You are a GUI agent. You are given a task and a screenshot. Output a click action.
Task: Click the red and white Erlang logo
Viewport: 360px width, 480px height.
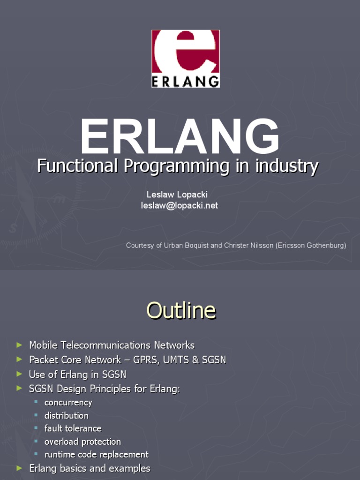pyautogui.click(x=186, y=59)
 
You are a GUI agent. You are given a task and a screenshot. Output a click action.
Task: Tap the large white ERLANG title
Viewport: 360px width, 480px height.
pyautogui.click(x=180, y=136)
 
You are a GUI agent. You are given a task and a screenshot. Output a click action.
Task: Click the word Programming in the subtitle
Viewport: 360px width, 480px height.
pyautogui.click(x=177, y=167)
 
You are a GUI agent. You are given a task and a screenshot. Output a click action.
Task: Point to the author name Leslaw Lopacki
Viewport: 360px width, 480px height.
pyautogui.click(x=177, y=195)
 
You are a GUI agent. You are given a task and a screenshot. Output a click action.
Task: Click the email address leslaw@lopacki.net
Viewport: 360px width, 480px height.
pyautogui.click(x=180, y=205)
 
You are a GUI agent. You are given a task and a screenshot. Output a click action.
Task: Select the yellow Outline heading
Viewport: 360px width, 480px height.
pyautogui.click(x=181, y=310)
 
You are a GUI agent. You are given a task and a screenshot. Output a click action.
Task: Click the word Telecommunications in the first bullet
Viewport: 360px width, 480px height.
pyautogui.click(x=106, y=345)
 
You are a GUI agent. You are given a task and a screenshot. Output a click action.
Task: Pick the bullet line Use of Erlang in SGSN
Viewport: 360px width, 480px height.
pyautogui.click(x=77, y=375)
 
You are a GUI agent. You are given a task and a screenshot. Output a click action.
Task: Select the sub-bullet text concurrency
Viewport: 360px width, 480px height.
pyautogui.click(x=68, y=403)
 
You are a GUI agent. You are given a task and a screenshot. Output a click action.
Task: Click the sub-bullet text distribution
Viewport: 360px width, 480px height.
pyautogui.click(x=67, y=415)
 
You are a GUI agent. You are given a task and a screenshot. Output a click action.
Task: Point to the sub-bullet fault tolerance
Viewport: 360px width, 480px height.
pyautogui.click(x=73, y=428)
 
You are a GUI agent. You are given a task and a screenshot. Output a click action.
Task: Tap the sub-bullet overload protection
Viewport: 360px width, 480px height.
pyautogui.click(x=82, y=442)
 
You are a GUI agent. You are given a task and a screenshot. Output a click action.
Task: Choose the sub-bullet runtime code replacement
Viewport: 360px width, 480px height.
pyautogui.click(x=97, y=455)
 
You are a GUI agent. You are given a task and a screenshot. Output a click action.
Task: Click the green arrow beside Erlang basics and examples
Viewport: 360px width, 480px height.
pyautogui.click(x=19, y=468)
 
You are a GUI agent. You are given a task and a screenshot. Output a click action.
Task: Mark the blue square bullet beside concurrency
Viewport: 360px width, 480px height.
pyautogui.click(x=36, y=402)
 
